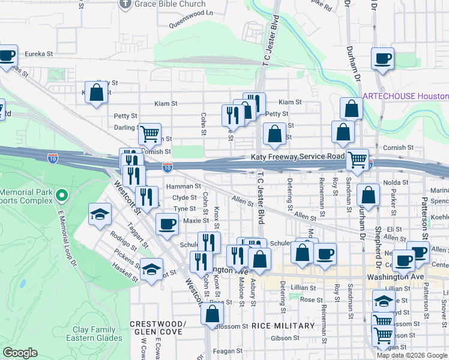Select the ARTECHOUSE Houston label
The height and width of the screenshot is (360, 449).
tap(406, 97)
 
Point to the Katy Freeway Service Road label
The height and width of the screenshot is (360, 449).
tap(298, 157)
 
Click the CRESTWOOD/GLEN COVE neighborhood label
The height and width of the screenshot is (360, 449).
tap(158, 328)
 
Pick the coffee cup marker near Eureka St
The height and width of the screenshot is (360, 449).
tap(7, 56)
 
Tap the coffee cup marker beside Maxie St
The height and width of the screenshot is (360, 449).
tap(166, 224)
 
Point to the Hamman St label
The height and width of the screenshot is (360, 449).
tap(183, 187)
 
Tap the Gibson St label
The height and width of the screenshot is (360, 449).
tap(281, 338)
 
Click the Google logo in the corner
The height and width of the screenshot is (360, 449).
tap(20, 353)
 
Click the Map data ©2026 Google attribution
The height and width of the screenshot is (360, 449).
tap(412, 355)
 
